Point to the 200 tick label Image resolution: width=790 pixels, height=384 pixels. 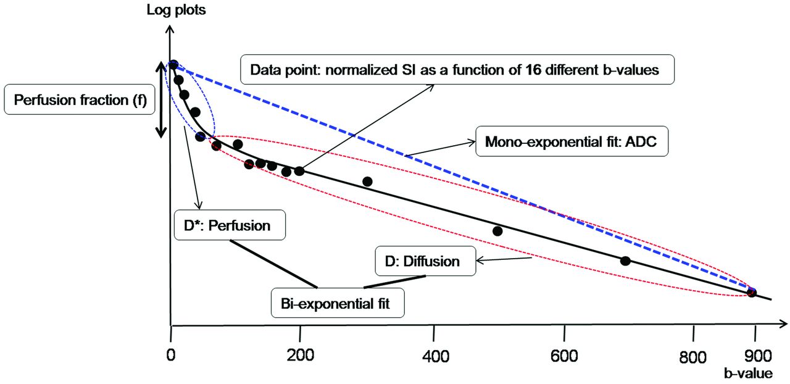coord(300,356)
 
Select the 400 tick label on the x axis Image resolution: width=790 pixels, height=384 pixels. coord(434,356)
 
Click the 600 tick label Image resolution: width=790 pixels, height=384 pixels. coord(565,356)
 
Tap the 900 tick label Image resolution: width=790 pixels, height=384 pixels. coord(754,356)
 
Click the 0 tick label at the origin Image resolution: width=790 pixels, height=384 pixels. coord(170,356)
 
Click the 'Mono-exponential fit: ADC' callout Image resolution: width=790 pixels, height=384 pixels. coord(571,141)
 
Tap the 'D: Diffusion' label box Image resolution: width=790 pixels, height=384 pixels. coord(418,261)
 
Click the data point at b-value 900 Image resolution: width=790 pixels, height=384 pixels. coord(751,292)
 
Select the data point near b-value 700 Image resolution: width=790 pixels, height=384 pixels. coord(625,261)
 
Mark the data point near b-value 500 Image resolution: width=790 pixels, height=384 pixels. coord(497,231)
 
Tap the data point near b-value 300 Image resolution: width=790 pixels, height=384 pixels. coord(367,182)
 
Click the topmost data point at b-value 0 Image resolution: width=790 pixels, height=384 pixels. coord(173,64)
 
